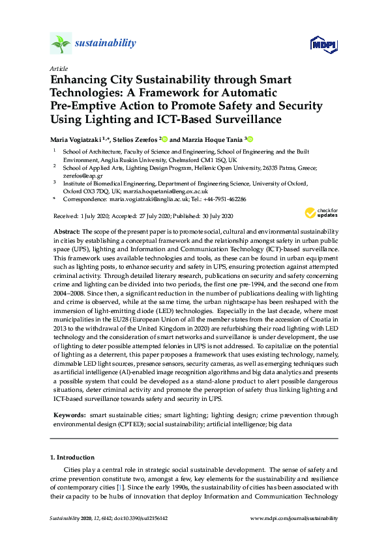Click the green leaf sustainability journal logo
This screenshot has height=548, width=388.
(60, 44)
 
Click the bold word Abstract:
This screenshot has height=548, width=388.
(67, 232)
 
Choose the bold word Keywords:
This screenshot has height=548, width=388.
(69, 415)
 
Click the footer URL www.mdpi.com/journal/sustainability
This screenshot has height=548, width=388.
(294, 518)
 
